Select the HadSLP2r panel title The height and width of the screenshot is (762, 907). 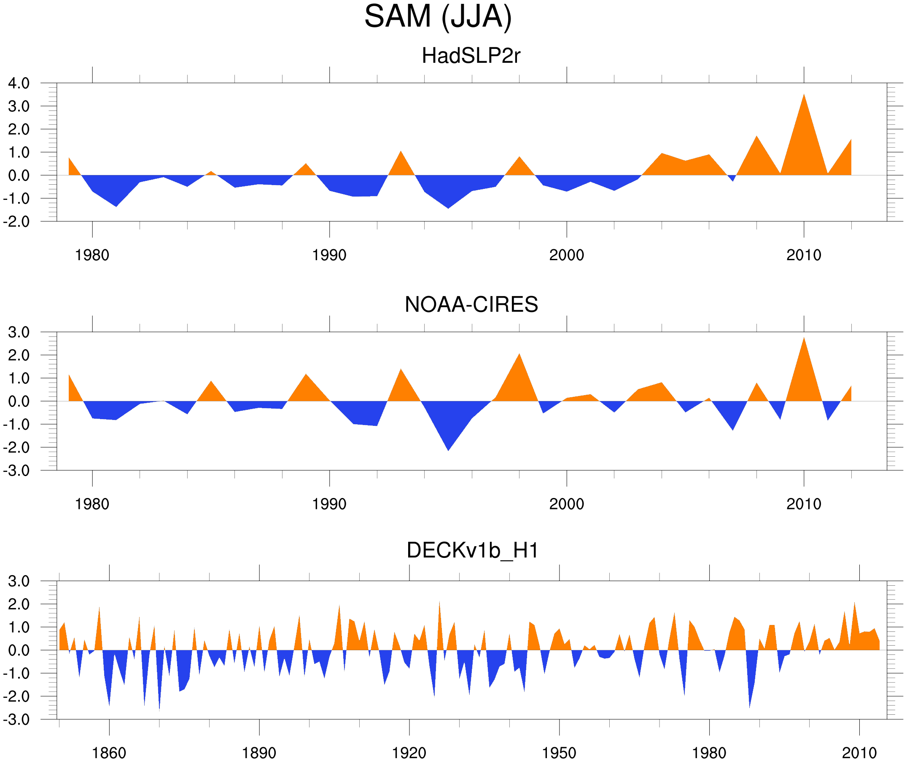click(x=471, y=56)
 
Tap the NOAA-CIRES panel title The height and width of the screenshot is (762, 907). click(x=471, y=304)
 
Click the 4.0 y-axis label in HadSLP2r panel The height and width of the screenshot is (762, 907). click(x=19, y=83)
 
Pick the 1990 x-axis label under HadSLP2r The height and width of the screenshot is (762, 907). click(x=329, y=255)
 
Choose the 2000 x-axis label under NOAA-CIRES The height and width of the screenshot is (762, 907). click(x=566, y=504)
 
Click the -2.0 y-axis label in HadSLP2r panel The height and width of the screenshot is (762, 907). click(x=16, y=222)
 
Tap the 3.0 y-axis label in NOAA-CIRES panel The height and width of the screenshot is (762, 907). click(x=19, y=333)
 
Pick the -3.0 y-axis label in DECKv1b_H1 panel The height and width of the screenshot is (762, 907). click(x=16, y=720)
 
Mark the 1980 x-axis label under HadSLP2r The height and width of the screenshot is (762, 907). click(x=92, y=255)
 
